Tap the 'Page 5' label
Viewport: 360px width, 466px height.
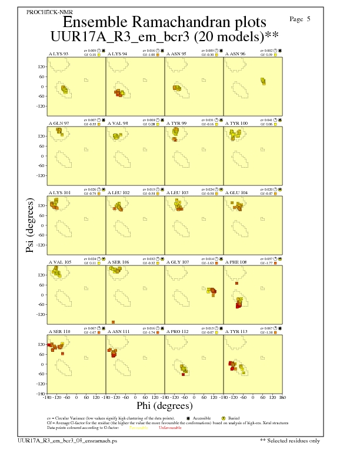pyautogui.click(x=300, y=19)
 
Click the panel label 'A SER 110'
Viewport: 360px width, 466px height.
pyautogui.click(x=58, y=331)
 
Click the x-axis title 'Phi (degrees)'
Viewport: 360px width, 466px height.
pyautogui.click(x=165, y=405)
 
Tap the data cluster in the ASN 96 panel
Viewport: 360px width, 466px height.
pyautogui.click(x=264, y=81)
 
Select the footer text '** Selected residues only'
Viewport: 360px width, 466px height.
pyautogui.click(x=290, y=440)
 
